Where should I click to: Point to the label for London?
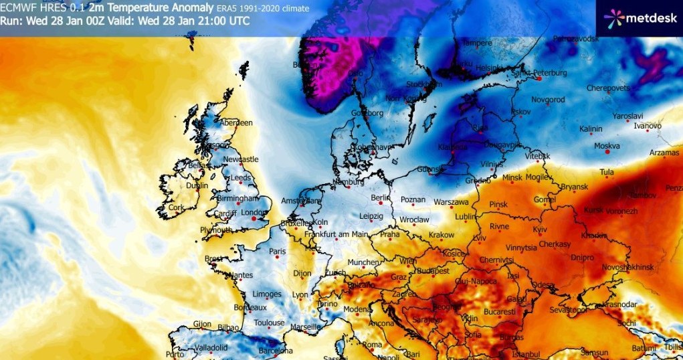tap(253, 213)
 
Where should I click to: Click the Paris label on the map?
tap(277, 252)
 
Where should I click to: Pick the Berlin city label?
tap(380, 199)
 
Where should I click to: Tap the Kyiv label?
tap(540, 230)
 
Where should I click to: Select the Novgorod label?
tap(548, 100)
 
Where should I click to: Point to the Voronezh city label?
tap(620, 211)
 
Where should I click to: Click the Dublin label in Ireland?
tap(197, 186)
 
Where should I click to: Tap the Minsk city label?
tap(512, 178)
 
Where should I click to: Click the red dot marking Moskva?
tap(607, 151)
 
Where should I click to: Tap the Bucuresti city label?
tap(498, 312)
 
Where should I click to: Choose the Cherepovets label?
tap(610, 88)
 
